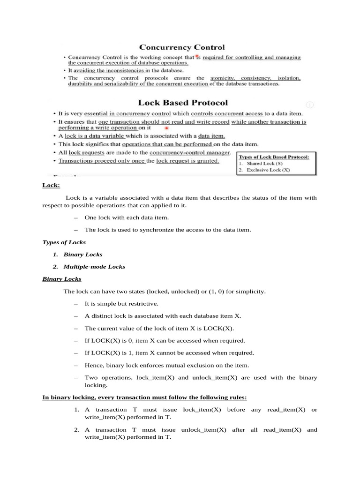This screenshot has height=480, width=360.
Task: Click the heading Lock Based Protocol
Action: [183, 102]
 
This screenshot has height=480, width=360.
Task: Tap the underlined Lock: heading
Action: [51, 185]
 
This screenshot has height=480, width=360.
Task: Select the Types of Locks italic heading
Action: [64, 242]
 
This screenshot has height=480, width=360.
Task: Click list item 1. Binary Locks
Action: [78, 255]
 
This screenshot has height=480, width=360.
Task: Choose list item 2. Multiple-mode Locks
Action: [89, 267]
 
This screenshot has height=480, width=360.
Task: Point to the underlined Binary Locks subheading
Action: [62, 279]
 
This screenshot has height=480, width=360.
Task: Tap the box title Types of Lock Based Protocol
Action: [274, 157]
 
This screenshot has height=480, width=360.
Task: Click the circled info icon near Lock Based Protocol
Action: [310, 105]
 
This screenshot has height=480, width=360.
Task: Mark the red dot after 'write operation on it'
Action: [167, 127]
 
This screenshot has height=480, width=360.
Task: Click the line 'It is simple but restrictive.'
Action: [121, 304]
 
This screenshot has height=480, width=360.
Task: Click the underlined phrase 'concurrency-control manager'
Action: [190, 153]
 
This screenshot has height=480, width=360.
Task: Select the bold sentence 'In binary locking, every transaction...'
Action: [145, 397]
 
